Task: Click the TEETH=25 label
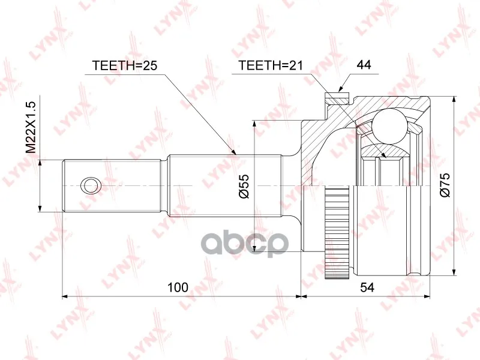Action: pos(125,65)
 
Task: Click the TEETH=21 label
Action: pos(271,65)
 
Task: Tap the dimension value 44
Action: pos(364,65)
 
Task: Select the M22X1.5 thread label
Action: pos(31,127)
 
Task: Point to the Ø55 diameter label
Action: pos(245,186)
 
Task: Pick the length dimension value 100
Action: pos(178,287)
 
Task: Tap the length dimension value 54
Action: pos(367,287)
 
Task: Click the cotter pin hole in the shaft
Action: pos(91,185)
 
